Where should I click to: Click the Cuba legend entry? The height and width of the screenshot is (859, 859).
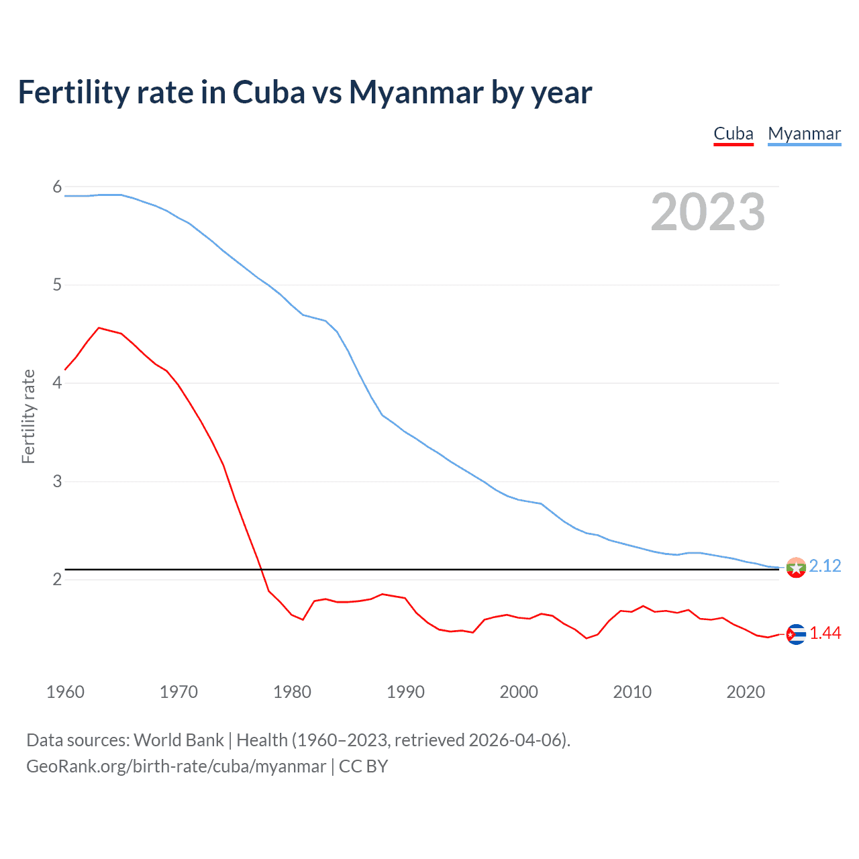click(734, 134)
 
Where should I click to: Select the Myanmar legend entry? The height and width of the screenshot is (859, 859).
click(804, 134)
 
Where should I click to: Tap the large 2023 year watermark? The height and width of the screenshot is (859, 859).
click(708, 212)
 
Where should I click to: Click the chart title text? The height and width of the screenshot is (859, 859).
click(305, 92)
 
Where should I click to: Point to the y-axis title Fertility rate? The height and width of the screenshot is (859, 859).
click(28, 416)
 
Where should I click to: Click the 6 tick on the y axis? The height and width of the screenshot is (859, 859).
click(57, 187)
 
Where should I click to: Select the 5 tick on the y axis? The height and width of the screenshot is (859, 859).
click(57, 285)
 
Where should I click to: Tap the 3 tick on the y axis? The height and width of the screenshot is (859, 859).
click(57, 481)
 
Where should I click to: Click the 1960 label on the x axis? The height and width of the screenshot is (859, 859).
click(65, 692)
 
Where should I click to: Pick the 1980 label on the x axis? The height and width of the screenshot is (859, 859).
click(292, 692)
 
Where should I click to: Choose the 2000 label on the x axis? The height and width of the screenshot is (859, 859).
click(519, 692)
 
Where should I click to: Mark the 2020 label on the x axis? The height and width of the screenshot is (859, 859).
click(746, 692)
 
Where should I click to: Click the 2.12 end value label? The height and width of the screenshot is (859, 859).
click(825, 566)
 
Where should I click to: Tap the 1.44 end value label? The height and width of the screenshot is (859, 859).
click(825, 633)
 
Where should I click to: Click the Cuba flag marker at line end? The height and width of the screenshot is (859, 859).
click(796, 634)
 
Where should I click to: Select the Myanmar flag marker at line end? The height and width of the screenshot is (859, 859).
click(796, 568)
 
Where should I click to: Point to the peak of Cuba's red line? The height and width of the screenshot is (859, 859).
click(99, 327)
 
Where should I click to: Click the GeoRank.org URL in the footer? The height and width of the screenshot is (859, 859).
click(176, 766)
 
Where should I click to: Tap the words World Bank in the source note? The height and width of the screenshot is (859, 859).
click(179, 740)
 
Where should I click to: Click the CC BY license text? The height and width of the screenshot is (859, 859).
click(363, 766)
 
